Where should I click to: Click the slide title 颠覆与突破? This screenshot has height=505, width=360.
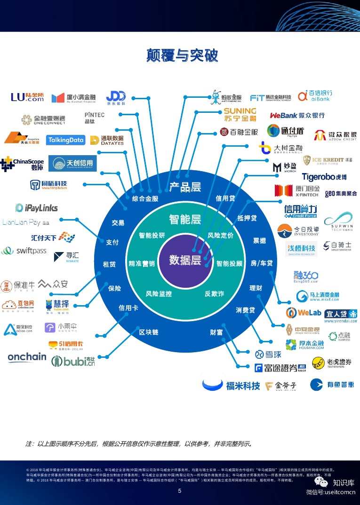point(182,55)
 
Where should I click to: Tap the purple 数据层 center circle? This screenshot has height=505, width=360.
point(185,260)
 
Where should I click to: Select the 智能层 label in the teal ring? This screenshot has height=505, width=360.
point(185,219)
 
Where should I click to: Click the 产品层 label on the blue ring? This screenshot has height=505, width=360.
point(185,187)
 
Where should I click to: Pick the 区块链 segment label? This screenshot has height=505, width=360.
point(149,332)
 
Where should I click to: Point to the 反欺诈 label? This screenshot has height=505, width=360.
point(214,293)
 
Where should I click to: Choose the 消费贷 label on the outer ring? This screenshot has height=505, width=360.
point(245,310)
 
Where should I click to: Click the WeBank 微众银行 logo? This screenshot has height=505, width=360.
point(297,115)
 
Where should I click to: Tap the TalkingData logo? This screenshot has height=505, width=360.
point(65,140)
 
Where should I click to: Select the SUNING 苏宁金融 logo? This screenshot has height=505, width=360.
point(240,115)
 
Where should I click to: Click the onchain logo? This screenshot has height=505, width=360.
point(27,357)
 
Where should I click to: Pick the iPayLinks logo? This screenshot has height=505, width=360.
point(32,207)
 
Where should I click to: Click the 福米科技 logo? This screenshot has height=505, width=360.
point(231,385)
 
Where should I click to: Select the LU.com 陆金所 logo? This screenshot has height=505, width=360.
point(27,97)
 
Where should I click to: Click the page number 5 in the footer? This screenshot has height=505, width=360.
point(179,491)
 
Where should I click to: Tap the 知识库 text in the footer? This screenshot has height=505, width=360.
point(344,482)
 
